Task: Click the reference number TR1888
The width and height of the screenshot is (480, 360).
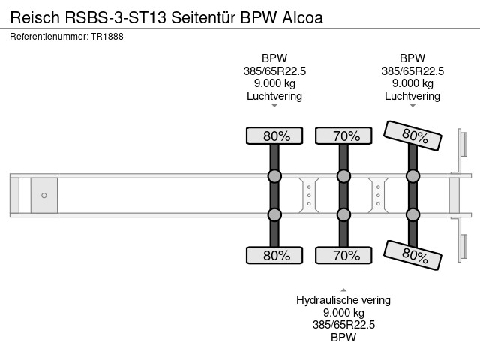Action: (x=108, y=36)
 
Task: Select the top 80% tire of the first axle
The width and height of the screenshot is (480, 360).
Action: (x=274, y=136)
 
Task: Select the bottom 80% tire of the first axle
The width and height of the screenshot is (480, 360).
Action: (x=274, y=255)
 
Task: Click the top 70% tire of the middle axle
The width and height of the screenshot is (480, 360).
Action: (x=343, y=136)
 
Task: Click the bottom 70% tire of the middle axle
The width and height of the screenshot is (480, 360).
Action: (x=343, y=255)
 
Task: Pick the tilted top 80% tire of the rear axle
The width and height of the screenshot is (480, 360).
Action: (x=412, y=136)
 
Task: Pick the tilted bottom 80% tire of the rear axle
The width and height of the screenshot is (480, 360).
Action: (x=412, y=255)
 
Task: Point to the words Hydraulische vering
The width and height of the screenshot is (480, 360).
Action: (x=343, y=300)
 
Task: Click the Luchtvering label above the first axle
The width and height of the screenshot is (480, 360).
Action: (x=274, y=96)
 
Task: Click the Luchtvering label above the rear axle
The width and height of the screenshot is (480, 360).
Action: (x=412, y=96)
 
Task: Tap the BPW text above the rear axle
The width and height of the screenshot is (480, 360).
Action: (x=412, y=58)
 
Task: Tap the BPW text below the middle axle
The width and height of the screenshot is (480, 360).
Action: (x=343, y=337)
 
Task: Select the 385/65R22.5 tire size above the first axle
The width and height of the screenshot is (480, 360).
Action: (x=274, y=70)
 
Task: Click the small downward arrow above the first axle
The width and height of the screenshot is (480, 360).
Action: (x=274, y=106)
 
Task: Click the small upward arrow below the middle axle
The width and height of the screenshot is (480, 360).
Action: (x=343, y=289)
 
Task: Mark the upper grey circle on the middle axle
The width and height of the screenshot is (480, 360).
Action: (x=343, y=176)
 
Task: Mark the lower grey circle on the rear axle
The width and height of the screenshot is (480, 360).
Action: (x=412, y=214)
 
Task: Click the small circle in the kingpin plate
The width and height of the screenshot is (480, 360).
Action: (x=44, y=196)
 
